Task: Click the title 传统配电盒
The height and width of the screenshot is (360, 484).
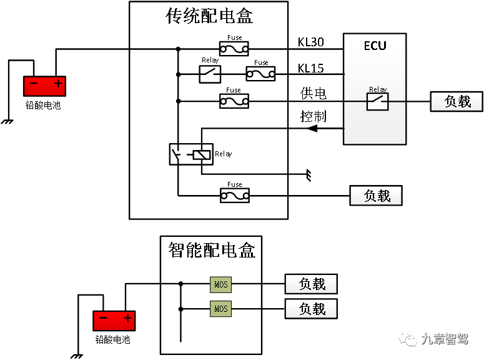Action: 209,16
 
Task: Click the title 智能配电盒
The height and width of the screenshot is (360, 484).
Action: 212,250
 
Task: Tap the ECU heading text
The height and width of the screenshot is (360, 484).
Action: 375,46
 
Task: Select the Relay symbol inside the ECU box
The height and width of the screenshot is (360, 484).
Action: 377,101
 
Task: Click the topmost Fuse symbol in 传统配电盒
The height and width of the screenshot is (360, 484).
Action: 234,48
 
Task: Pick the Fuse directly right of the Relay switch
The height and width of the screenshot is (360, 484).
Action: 260,74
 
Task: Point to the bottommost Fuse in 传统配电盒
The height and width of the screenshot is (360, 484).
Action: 235,196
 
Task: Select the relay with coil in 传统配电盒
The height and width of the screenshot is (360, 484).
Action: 191,154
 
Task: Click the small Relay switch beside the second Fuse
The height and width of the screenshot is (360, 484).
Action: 210,74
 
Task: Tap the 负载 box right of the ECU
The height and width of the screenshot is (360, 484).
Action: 457,101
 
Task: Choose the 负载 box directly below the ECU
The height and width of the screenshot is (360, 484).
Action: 376,196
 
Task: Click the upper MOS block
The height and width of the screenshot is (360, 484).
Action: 221,284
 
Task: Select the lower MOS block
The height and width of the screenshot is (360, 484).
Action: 221,309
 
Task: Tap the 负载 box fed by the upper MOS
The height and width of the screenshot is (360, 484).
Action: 311,284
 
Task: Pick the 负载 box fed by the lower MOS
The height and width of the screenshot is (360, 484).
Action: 311,309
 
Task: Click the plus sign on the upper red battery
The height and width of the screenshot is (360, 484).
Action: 58,83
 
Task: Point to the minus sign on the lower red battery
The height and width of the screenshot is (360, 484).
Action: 103,318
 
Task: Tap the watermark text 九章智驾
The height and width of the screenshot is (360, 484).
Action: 444,339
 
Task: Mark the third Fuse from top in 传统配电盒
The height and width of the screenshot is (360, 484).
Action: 234,101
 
